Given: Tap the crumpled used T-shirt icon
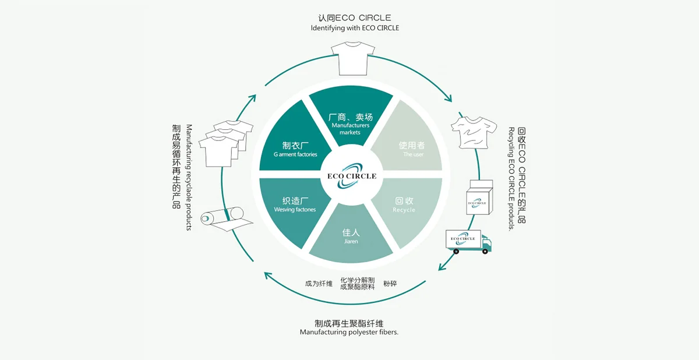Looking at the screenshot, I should click(x=472, y=131).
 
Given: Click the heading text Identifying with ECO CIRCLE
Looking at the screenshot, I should click(x=355, y=28).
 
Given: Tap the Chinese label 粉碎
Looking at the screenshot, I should click(x=390, y=284).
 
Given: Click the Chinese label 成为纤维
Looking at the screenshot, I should click(x=319, y=284).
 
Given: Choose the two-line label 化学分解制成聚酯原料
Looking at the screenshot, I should click(x=358, y=284).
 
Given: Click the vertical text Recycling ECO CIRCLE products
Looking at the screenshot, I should click(x=511, y=178).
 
